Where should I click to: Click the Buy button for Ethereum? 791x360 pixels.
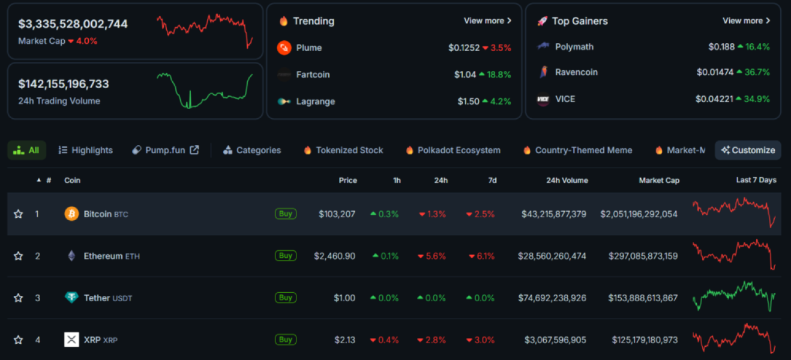(x=285, y=256)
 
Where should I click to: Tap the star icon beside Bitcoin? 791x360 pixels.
(x=19, y=214)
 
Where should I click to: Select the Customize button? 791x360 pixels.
(x=748, y=150)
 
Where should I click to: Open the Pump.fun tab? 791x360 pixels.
(x=165, y=150)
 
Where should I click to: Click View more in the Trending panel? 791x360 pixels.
(x=487, y=21)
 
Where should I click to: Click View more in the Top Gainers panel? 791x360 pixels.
(x=746, y=21)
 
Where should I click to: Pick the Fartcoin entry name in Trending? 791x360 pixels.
(x=313, y=75)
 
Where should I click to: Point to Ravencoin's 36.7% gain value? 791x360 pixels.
(x=757, y=72)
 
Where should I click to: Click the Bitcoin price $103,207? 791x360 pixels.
(x=337, y=214)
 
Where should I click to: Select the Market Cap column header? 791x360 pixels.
(x=659, y=181)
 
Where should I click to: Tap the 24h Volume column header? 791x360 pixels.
(x=567, y=181)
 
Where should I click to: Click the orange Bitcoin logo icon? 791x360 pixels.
(x=71, y=214)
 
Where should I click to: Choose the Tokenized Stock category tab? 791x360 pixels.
(x=349, y=150)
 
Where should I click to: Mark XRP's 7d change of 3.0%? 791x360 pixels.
(x=484, y=340)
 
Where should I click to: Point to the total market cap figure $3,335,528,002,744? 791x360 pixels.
(x=73, y=24)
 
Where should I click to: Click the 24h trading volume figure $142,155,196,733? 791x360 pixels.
(x=64, y=84)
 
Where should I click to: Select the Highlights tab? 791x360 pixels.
(x=92, y=150)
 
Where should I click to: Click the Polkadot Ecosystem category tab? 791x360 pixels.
(x=459, y=150)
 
